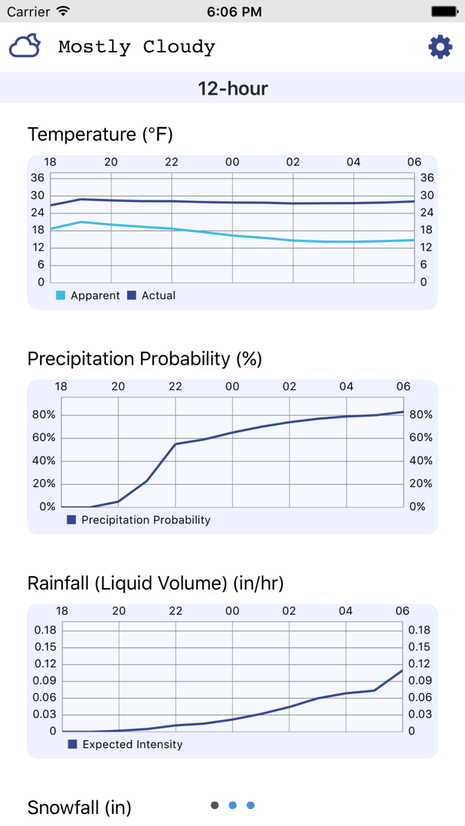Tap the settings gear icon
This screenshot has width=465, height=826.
pos(440,47)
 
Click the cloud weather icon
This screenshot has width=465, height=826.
pos(25,46)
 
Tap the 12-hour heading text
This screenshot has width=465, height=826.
pos(232,89)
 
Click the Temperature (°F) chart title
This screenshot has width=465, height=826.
pos(100,134)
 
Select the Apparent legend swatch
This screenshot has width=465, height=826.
pos(60,296)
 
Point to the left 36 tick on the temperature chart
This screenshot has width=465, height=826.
pos(37,178)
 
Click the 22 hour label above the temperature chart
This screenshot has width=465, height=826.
pos(171,162)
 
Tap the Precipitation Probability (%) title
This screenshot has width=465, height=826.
pos(145,359)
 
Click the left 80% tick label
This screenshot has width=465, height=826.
pos(43,414)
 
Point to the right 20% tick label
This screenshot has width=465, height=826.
pos(421,483)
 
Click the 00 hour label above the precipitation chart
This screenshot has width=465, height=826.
pos(232,386)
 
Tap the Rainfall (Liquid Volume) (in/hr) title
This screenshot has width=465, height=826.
pos(156,583)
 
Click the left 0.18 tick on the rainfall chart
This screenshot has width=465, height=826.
pos(45,630)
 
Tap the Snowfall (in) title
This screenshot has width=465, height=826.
pos(79,807)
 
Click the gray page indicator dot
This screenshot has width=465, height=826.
pos(215,805)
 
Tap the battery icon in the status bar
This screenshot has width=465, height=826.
pos(445,12)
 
